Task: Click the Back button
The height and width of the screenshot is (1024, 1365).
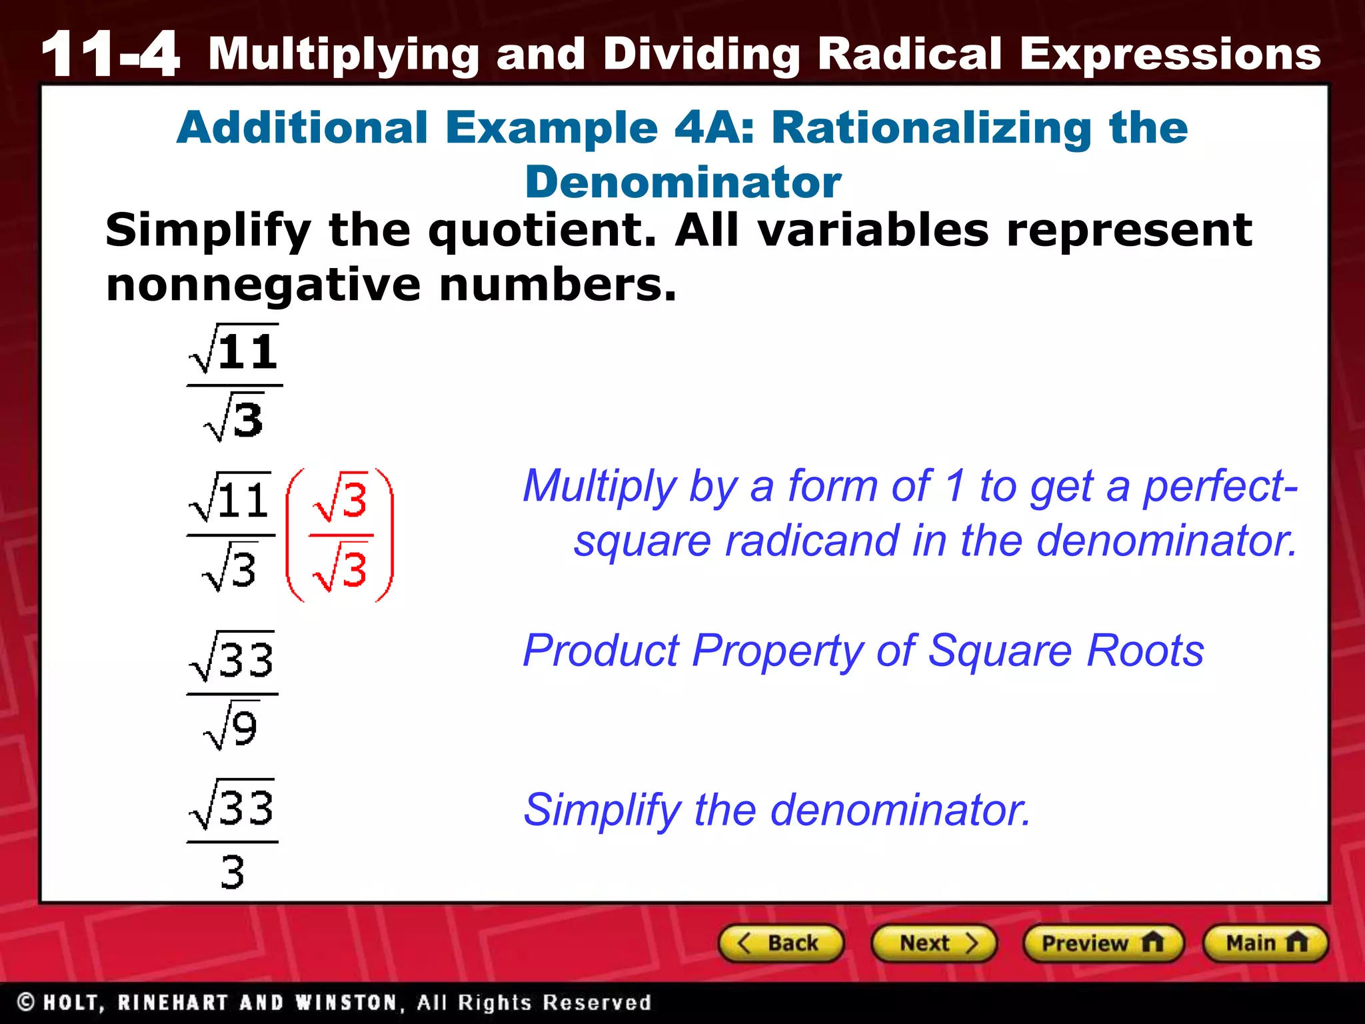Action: [781, 943]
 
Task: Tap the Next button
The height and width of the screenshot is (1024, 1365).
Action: [934, 943]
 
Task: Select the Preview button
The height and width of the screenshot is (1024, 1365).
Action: [1102, 943]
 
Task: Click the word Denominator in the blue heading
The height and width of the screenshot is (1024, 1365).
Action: [682, 182]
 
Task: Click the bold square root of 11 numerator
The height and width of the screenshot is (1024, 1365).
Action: [234, 349]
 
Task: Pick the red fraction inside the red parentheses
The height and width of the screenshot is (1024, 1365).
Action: [341, 535]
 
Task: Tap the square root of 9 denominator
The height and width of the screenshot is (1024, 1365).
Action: [231, 727]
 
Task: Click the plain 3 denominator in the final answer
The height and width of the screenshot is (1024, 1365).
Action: [233, 871]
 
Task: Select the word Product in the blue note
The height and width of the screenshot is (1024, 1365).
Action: [601, 650]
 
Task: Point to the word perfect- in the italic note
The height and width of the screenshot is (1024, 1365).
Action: [1220, 485]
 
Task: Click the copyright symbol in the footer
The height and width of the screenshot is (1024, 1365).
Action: [26, 1002]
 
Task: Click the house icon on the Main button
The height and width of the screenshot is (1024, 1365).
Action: [1296, 942]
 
